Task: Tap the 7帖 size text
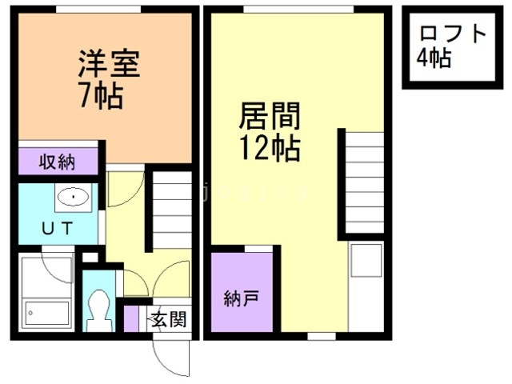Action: point(101,95)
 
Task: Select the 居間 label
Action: point(270,117)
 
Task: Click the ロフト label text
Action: point(453,34)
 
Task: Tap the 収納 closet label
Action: point(58,162)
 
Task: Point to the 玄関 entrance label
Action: point(169,320)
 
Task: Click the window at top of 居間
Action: point(298,8)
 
